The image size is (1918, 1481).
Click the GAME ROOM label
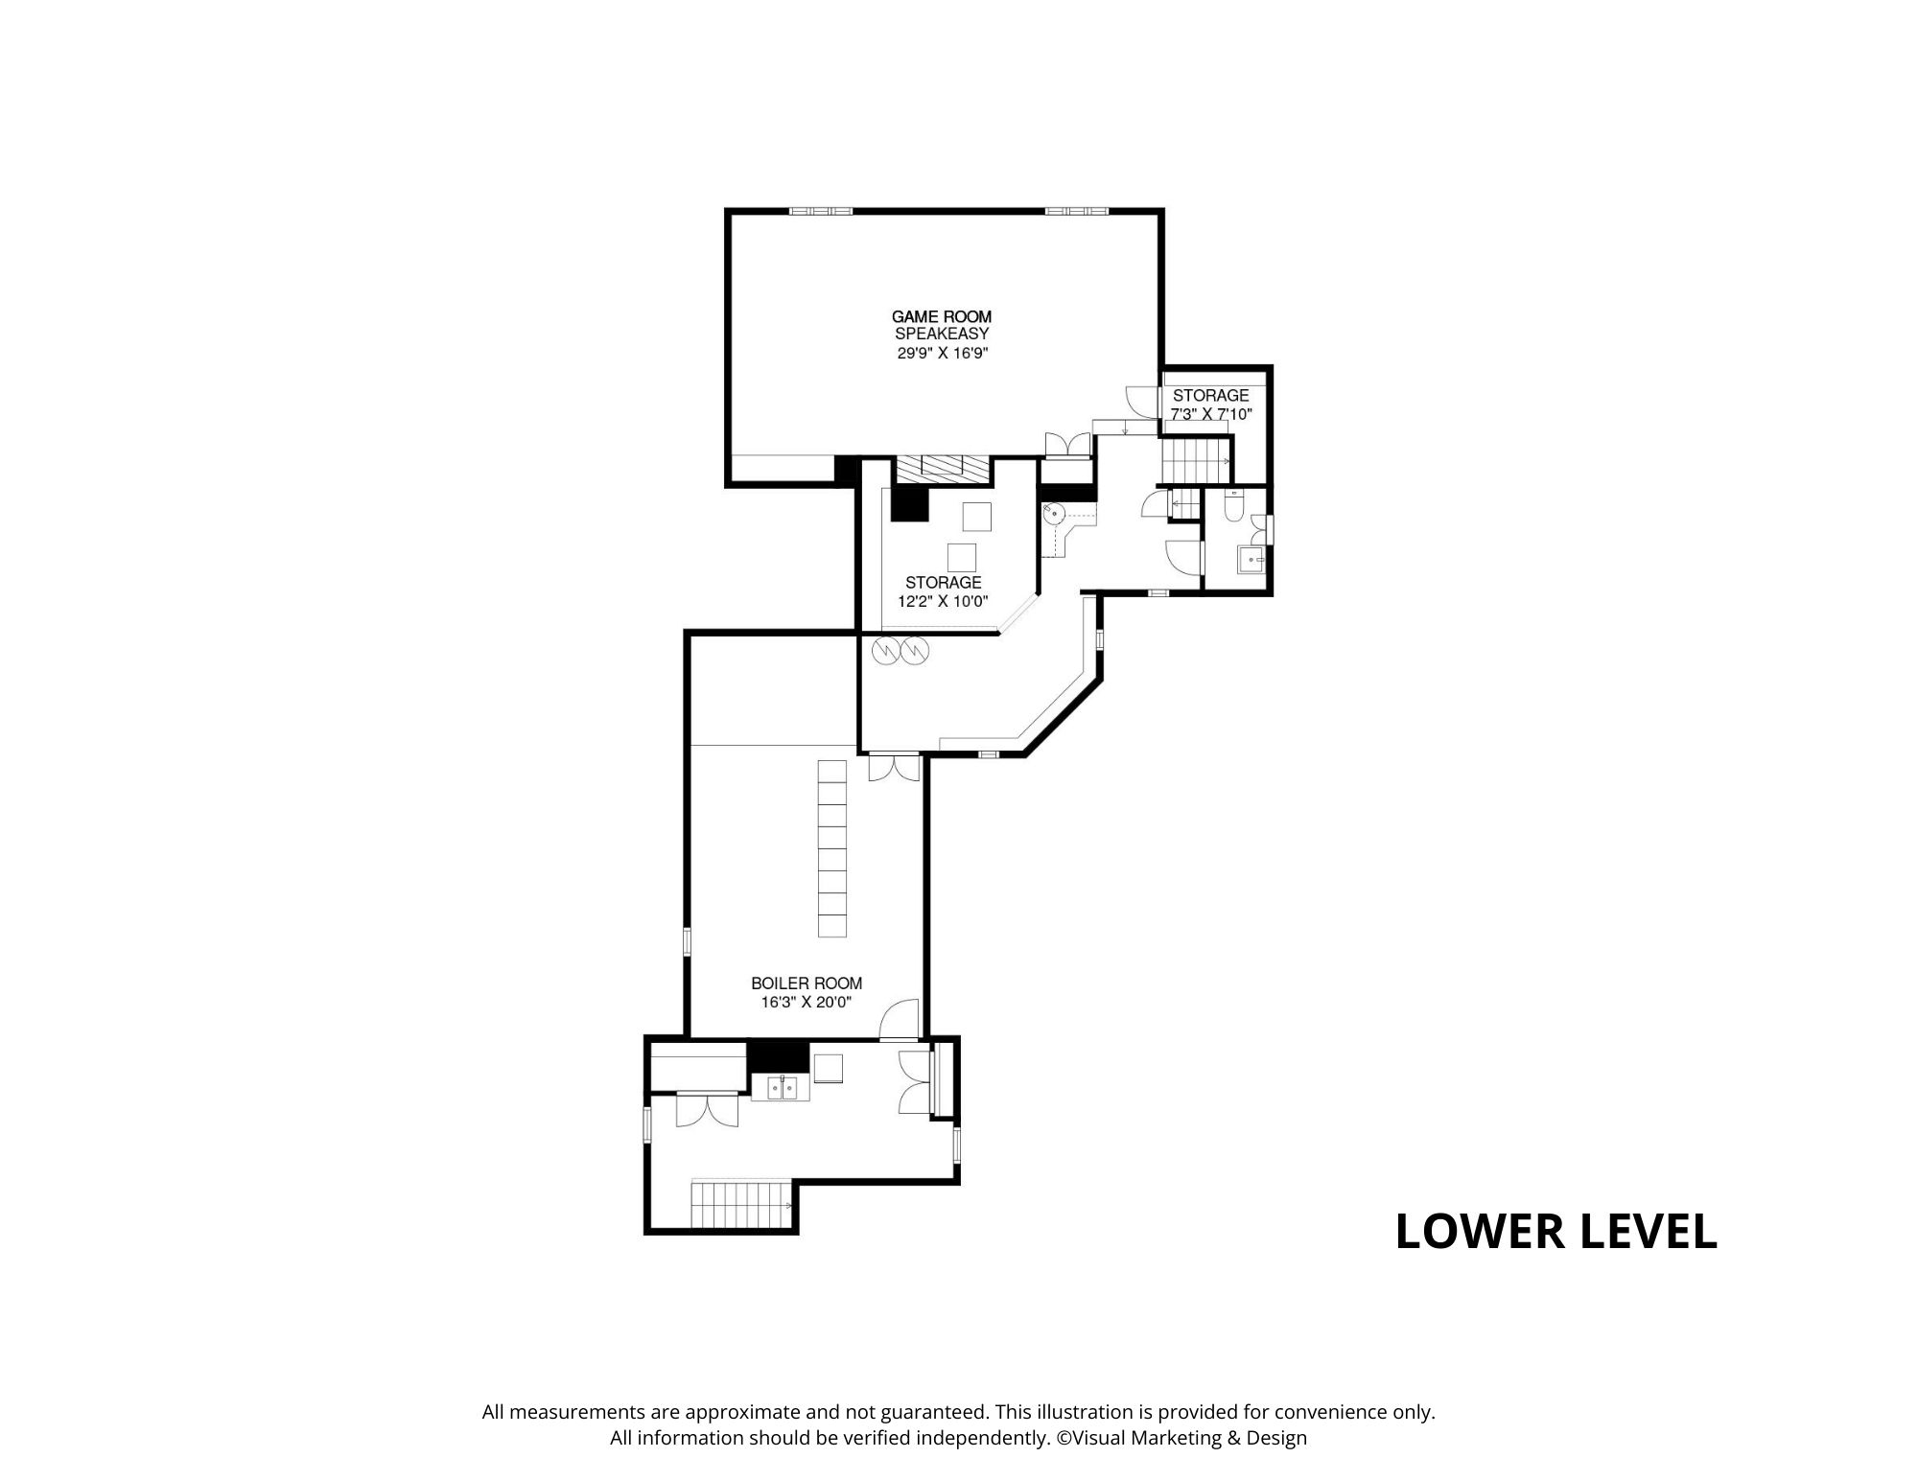click(941, 316)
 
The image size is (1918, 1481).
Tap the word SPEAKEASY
click(941, 335)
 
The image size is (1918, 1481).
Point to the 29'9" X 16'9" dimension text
click(941, 353)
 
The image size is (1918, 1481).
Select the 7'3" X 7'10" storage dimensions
click(1210, 414)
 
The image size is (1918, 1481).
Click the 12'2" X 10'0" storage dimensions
click(943, 602)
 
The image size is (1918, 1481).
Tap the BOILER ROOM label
click(806, 983)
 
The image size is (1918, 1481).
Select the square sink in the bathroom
click(1251, 558)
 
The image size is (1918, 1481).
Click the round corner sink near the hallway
click(1056, 515)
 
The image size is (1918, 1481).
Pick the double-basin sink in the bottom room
click(782, 1087)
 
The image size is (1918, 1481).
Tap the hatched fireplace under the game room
click(941, 467)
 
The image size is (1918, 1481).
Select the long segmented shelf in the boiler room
click(831, 848)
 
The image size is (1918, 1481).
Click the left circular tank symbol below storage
click(884, 651)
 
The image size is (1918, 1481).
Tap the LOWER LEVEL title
click(1555, 1232)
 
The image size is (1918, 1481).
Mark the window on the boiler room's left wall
click(687, 940)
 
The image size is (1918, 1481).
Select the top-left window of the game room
click(821, 211)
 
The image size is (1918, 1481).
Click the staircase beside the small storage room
click(1195, 460)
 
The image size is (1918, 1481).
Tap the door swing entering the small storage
click(1141, 401)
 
